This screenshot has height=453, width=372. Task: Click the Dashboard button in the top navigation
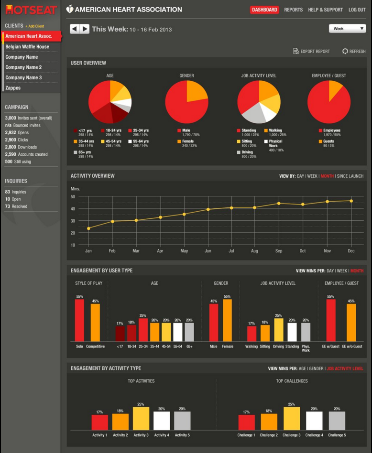[264, 10]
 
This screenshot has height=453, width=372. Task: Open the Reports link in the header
[293, 10]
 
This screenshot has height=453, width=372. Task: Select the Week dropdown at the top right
[348, 29]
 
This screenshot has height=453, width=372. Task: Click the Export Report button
[311, 51]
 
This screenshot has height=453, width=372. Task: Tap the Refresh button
[354, 51]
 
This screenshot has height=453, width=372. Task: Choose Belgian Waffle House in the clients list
[27, 47]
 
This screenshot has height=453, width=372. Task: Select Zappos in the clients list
[13, 88]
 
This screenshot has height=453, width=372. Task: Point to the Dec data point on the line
[351, 201]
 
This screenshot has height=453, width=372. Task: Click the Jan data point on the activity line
[88, 228]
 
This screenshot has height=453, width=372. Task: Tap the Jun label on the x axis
[208, 251]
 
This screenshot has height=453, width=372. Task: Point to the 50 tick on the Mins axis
[73, 196]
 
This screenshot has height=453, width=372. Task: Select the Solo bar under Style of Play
[79, 320]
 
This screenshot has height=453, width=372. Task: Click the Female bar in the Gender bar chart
[227, 320]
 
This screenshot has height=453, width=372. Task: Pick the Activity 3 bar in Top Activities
[141, 418]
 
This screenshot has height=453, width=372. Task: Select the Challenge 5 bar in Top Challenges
[337, 421]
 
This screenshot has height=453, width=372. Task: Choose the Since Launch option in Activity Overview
[350, 176]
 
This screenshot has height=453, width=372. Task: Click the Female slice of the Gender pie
[197, 91]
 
